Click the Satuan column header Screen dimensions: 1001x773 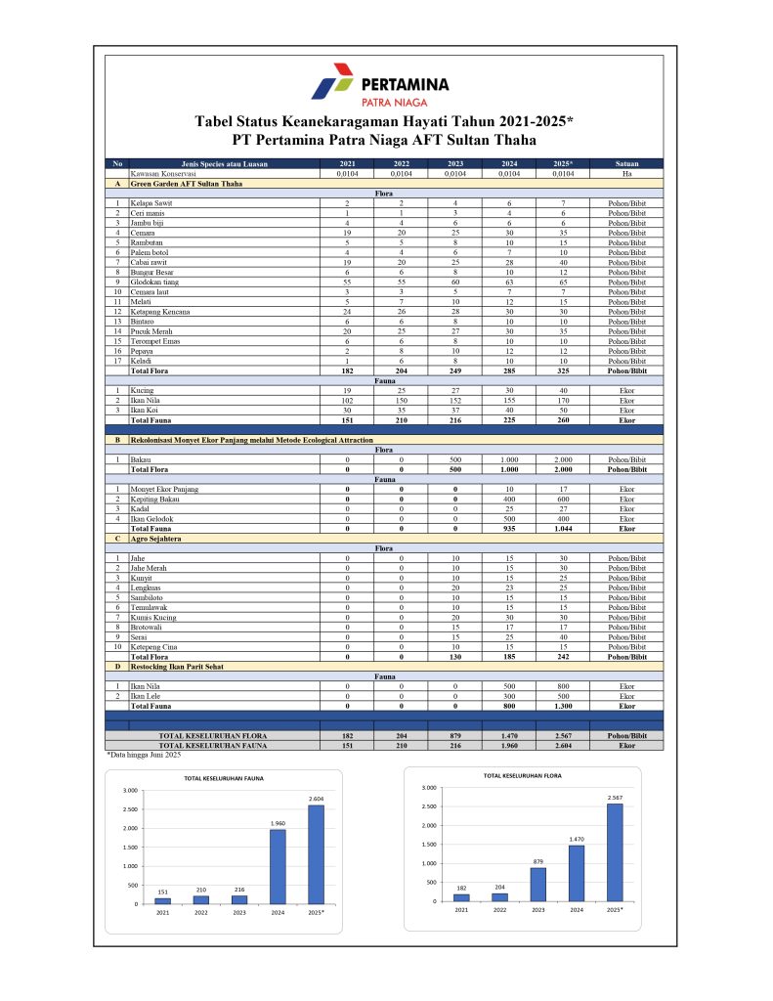click(627, 163)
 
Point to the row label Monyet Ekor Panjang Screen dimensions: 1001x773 click(165, 488)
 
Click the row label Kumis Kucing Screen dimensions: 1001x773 click(154, 617)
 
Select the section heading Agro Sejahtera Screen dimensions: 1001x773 click(158, 538)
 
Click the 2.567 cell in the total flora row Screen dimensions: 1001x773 click(562, 734)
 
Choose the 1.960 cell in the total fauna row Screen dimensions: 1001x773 click(508, 745)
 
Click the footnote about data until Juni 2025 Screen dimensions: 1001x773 click(144, 755)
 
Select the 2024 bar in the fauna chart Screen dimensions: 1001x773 click(279, 866)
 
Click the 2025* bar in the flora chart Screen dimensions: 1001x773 click(614, 851)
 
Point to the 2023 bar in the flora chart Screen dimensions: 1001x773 click(537, 884)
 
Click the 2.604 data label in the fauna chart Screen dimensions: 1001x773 click(316, 800)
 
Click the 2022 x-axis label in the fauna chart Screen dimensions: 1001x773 click(201, 912)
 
